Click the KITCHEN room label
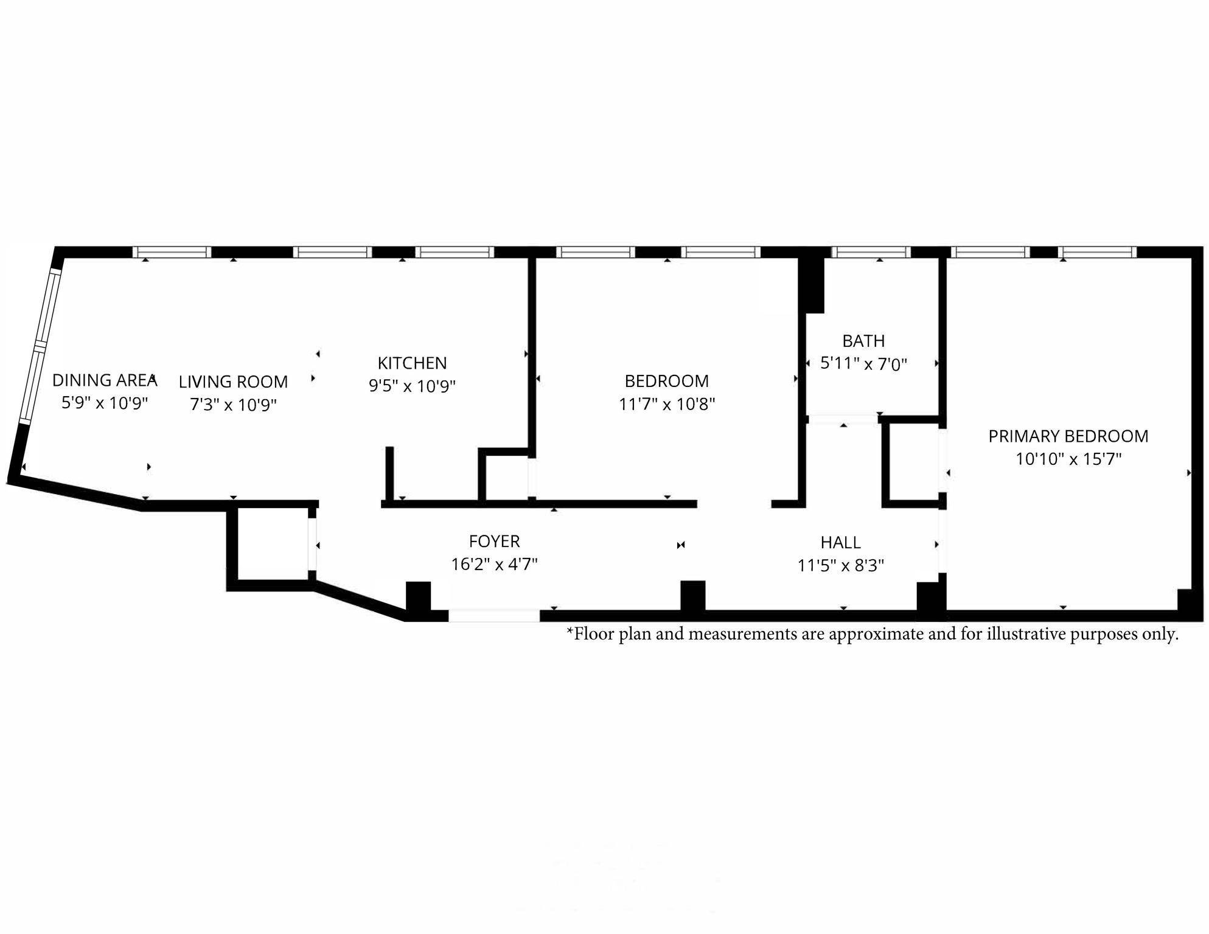point(412,363)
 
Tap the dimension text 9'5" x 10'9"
point(412,386)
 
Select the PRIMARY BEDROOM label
point(1068,436)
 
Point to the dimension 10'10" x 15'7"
point(1068,459)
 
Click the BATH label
point(863,341)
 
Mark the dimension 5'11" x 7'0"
point(863,364)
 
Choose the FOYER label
point(494,541)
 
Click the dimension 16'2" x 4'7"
point(494,564)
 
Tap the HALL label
point(840,542)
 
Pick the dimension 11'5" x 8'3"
point(840,565)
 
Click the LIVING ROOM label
point(233,382)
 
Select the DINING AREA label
point(105,380)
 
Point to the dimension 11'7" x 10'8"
point(667,404)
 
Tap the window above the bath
point(871,252)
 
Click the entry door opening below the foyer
point(494,615)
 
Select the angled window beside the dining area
point(40,346)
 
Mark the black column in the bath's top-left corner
point(814,285)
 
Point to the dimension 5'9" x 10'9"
point(105,403)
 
